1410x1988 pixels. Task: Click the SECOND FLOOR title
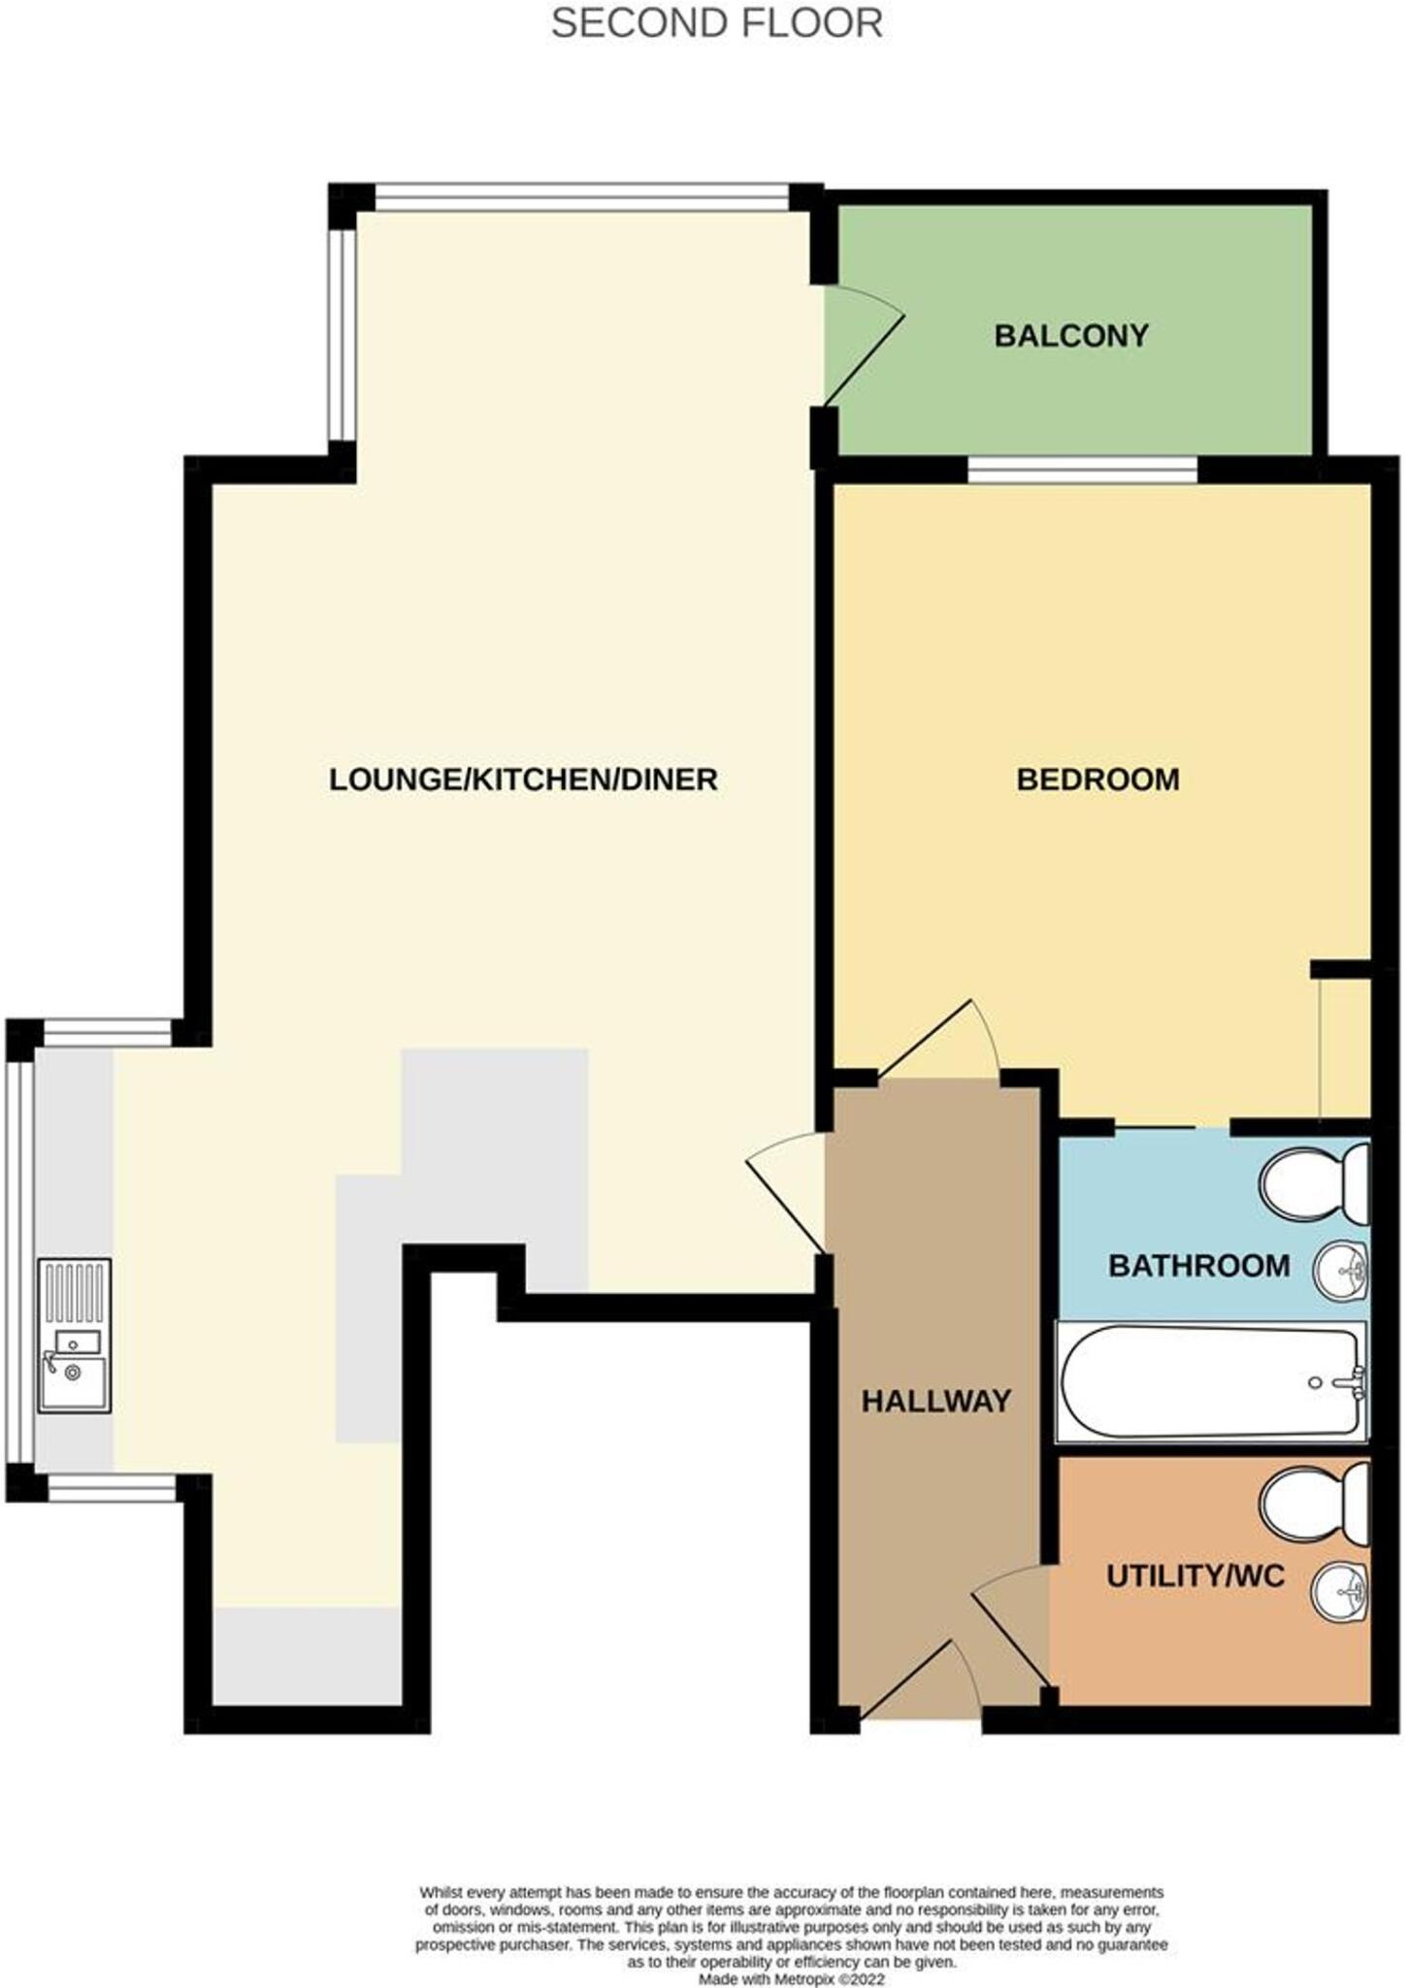point(716,23)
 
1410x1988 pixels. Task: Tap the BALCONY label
point(1070,336)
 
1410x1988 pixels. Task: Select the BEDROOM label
point(1098,779)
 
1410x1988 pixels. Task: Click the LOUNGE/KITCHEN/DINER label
point(523,779)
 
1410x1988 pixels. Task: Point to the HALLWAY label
point(935,1401)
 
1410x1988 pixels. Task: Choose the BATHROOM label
point(1198,1266)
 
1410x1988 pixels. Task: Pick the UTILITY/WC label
point(1195,1575)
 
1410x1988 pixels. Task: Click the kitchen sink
point(75,1335)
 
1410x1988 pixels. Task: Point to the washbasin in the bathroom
point(1342,1268)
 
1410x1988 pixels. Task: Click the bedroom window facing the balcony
point(1082,471)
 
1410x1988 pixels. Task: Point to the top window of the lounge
point(582,197)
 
